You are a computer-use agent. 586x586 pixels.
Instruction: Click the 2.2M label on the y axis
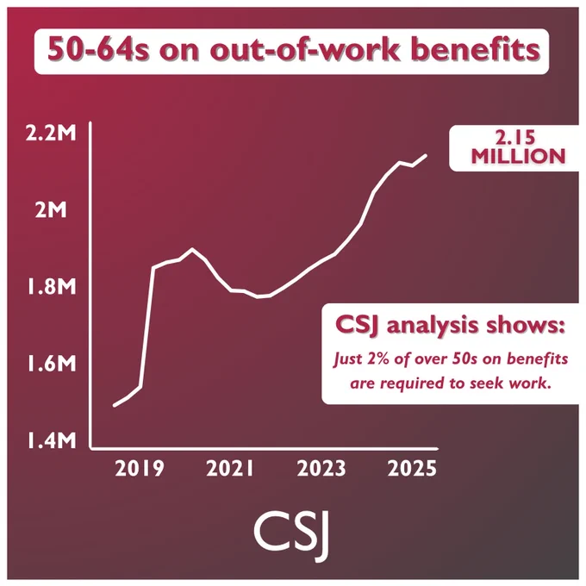pos(51,133)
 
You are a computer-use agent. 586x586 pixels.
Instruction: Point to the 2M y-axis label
pos(51,210)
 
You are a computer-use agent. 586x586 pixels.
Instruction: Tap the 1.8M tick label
pos(51,287)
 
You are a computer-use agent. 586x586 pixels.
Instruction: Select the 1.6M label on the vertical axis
pos(51,364)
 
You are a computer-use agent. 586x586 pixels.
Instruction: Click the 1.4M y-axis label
pos(51,440)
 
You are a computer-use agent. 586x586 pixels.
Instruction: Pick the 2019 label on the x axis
pos(140,468)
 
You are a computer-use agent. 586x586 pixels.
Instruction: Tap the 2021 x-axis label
pos(230,468)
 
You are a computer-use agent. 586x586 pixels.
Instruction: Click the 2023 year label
pos(321,468)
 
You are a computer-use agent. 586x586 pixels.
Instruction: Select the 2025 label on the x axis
pos(412,468)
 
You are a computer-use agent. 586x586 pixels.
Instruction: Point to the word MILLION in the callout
pos(518,156)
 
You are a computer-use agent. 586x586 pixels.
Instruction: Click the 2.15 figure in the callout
pos(515,138)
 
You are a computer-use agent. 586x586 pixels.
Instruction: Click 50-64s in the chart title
pos(98,50)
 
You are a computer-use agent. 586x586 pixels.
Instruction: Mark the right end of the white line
pos(426,155)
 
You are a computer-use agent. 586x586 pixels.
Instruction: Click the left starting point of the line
pos(115,406)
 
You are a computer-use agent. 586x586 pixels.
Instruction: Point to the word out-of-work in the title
pos(304,50)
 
